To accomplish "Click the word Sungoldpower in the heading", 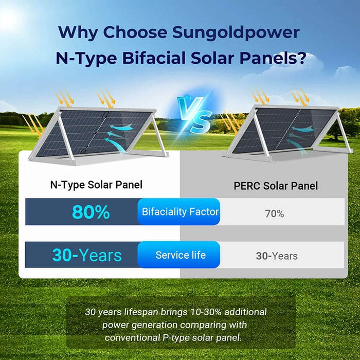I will click(x=236, y=32).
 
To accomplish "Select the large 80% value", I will click(x=91, y=212).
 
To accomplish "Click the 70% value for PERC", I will click(x=274, y=213).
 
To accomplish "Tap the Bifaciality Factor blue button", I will click(x=180, y=211).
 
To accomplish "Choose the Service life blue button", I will click(x=180, y=255).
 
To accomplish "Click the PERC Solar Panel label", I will click(x=276, y=186).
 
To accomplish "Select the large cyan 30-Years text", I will click(x=87, y=255).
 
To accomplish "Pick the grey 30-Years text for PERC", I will click(x=277, y=256).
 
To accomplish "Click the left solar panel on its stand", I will click(x=95, y=134).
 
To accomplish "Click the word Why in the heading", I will click(x=78, y=32).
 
